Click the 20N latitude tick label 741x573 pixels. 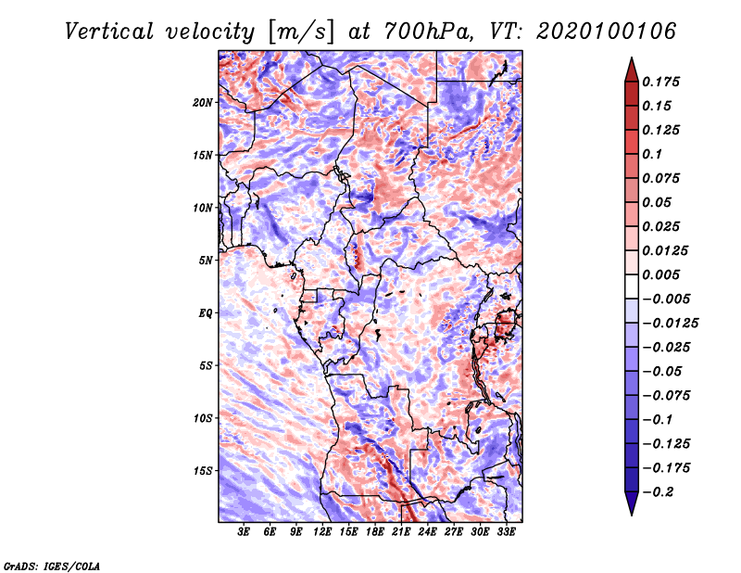click(x=203, y=102)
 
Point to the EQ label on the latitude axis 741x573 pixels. click(x=206, y=312)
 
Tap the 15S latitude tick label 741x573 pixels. click(x=203, y=470)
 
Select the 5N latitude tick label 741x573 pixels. click(x=206, y=260)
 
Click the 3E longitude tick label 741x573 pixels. click(x=245, y=533)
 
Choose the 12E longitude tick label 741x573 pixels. click(x=323, y=533)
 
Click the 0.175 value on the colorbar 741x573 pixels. click(x=663, y=82)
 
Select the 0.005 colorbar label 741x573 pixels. click(x=663, y=275)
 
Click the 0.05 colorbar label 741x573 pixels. click(x=659, y=202)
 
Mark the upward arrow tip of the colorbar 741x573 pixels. click(x=631, y=59)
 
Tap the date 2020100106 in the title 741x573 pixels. click(x=592, y=31)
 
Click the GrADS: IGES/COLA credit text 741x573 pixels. click(x=51, y=565)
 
